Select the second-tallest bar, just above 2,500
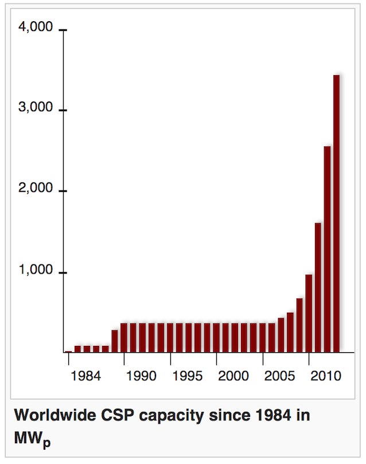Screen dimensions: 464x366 (327, 249)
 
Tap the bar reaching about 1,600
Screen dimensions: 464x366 (318, 287)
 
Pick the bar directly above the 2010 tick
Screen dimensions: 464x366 (309, 313)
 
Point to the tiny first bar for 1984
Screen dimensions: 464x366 (68, 351)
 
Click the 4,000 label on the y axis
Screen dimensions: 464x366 (36, 28)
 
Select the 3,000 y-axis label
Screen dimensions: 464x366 (36, 108)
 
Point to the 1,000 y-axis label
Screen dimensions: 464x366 (36, 271)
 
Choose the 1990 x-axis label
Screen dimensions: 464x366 (141, 376)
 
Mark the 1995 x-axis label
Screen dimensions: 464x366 (188, 376)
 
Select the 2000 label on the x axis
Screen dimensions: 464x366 (233, 376)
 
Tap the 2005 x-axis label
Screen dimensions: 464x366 (281, 376)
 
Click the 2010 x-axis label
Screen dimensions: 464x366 (325, 376)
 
